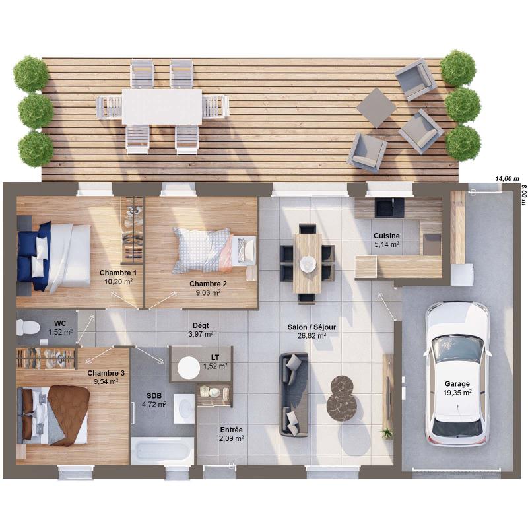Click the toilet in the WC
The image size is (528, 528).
click(28, 327)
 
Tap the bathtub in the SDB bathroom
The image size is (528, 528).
click(162, 451)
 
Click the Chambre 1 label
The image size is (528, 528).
click(118, 273)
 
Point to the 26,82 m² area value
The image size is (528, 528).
click(312, 335)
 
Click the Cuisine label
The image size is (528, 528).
click(387, 236)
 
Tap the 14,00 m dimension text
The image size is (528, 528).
click(507, 178)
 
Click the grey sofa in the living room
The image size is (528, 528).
click(294, 395)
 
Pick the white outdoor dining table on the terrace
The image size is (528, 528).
click(162, 106)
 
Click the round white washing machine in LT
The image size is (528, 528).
click(189, 368)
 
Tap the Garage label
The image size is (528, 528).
click(457, 384)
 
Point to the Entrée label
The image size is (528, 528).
click(232, 430)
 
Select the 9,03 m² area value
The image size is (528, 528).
click(208, 292)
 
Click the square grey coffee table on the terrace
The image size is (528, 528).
click(376, 108)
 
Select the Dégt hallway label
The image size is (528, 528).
click(201, 325)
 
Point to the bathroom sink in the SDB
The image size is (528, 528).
click(184, 409)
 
